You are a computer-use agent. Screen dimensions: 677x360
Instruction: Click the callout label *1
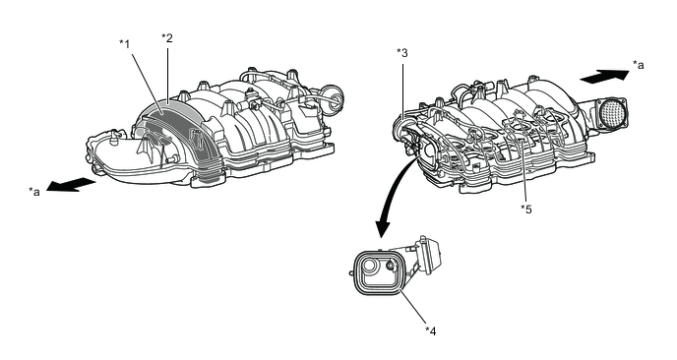point(124,44)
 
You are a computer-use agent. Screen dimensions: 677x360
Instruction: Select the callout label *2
point(166,38)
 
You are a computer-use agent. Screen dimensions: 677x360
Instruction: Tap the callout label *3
point(401,53)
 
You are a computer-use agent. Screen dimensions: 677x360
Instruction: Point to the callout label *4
point(430,331)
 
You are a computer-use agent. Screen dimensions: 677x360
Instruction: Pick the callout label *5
point(525,210)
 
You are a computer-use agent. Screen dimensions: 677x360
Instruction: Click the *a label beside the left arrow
point(34,191)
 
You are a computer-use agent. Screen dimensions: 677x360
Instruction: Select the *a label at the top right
point(639,65)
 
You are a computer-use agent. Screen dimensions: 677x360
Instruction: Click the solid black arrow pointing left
point(71,185)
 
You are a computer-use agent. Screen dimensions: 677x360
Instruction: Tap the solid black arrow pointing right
point(604,77)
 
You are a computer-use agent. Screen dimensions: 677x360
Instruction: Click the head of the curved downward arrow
point(383,229)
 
